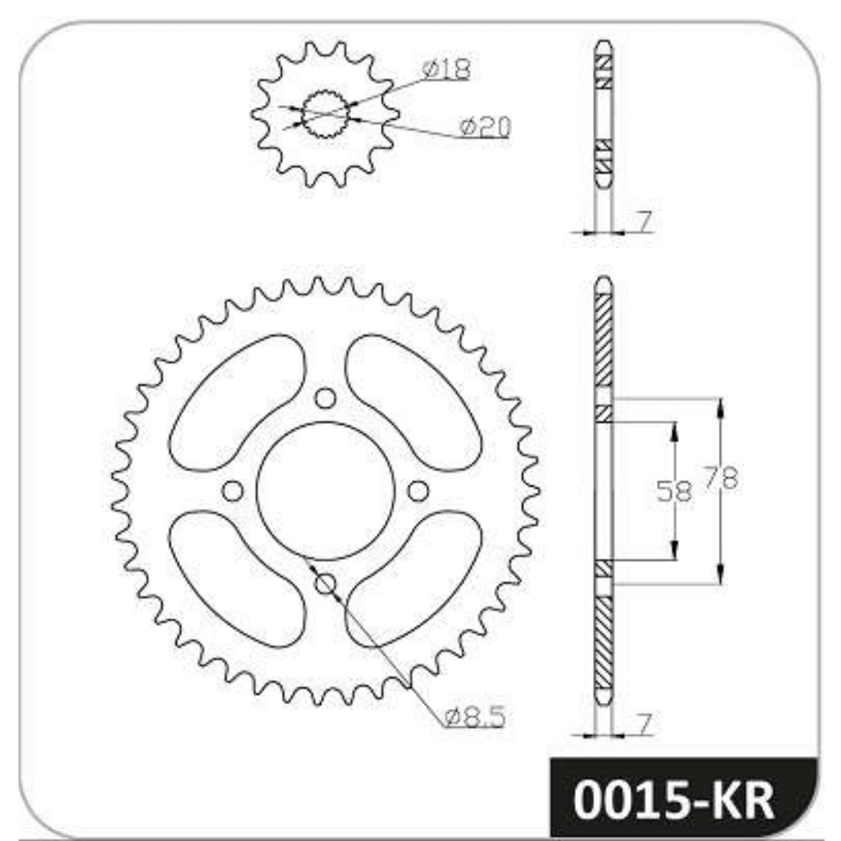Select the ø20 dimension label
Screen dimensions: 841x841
point(485,128)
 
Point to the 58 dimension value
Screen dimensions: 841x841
point(674,491)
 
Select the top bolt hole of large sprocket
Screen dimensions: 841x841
point(326,397)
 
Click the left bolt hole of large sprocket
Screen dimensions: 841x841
point(233,491)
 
